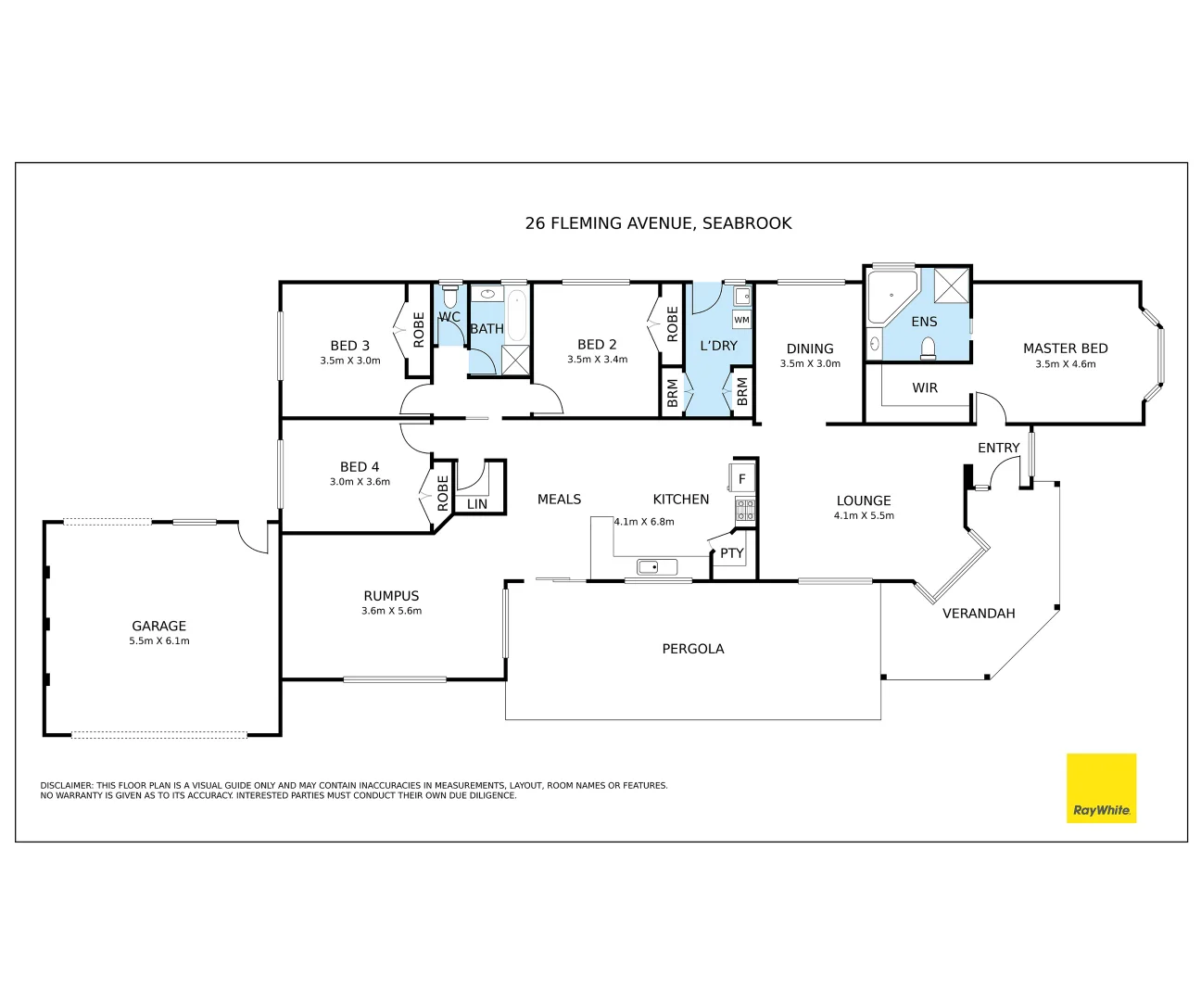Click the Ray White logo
pos(1101,788)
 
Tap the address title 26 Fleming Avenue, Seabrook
pos(658,223)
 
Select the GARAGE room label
pos(158,627)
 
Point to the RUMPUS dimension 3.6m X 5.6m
pos(391,611)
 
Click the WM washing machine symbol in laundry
pos(741,320)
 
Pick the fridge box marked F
pos(741,479)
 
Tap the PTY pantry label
pos(732,553)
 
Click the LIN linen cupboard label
pos(477,504)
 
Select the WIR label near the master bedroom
pos(925,388)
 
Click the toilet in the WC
pos(450,298)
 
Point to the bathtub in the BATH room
pos(515,315)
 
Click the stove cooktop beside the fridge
pos(745,509)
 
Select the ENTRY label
pos(998,448)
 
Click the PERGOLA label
pos(692,649)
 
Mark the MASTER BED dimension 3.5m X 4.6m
pos(1065,364)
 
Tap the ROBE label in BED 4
pos(443,493)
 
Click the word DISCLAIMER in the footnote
pos(67,785)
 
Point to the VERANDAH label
pos(979,614)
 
